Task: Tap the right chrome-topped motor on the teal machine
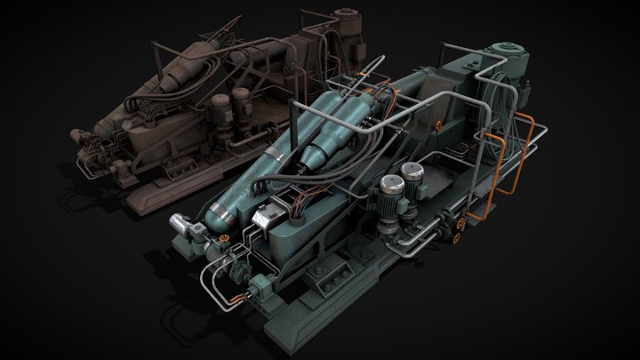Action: [x=411, y=174]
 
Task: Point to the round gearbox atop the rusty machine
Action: [x=341, y=18]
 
